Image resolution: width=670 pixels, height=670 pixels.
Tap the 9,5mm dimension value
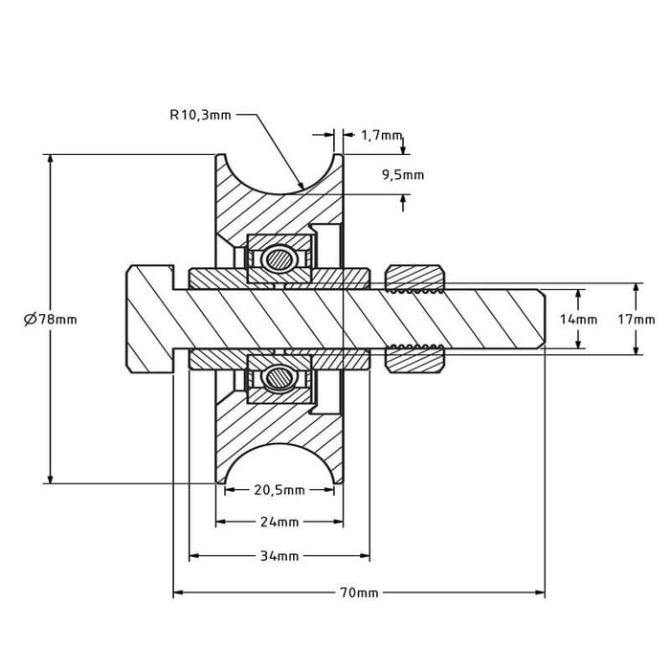(x=402, y=175)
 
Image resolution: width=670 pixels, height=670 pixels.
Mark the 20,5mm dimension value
(x=279, y=491)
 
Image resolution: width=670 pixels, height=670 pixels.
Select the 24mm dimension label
(x=279, y=523)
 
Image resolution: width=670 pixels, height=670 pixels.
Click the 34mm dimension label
(x=279, y=556)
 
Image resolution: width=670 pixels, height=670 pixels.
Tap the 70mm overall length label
(x=359, y=593)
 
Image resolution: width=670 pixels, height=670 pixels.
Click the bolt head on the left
(x=148, y=319)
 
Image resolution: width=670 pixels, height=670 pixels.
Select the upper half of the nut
(x=414, y=278)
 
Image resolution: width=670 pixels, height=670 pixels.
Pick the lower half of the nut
(x=414, y=361)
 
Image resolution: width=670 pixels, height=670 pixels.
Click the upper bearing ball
(x=279, y=257)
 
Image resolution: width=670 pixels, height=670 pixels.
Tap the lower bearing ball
(x=279, y=377)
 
